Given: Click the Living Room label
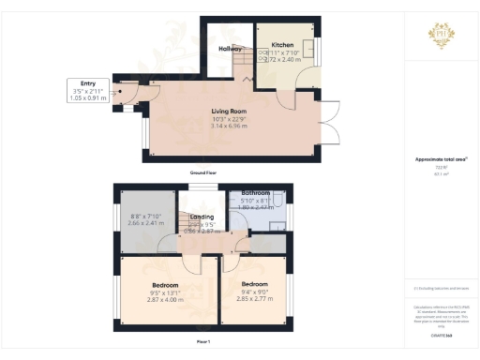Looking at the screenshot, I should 230,111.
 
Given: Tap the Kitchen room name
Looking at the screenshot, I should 282,45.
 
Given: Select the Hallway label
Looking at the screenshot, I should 231,49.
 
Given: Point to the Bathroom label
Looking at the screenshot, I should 255,191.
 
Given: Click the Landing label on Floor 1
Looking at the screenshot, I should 202,217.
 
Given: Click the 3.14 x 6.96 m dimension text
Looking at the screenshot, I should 230,127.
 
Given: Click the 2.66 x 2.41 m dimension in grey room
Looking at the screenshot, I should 144,224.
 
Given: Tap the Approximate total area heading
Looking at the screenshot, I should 440,159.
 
